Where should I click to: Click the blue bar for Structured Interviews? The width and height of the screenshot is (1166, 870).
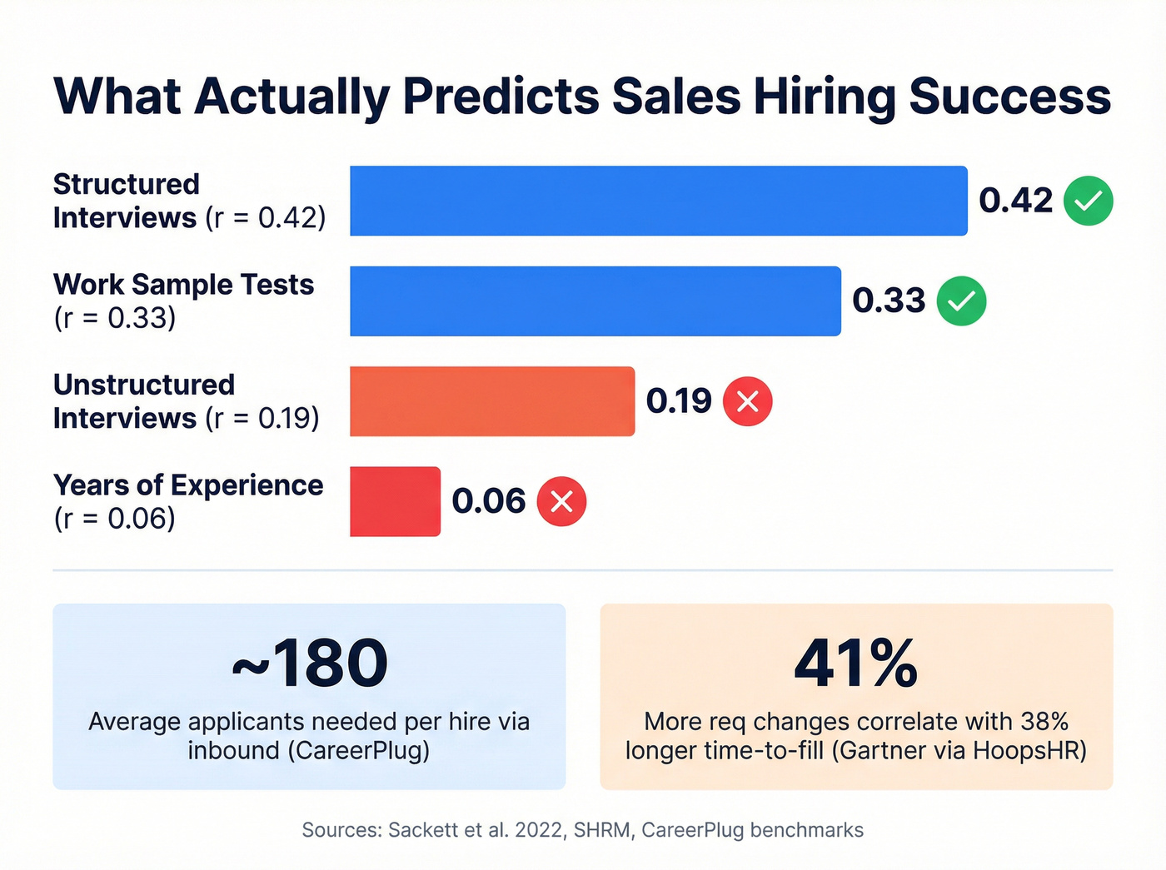point(658,201)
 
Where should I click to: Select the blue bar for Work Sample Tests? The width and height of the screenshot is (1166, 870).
point(595,301)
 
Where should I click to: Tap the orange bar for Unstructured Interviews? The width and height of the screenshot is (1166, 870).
point(491,401)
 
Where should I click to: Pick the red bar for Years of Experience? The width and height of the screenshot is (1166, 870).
point(395,501)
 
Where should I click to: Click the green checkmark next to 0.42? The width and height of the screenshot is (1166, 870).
point(1088,201)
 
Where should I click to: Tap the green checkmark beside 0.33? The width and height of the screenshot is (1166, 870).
point(961,301)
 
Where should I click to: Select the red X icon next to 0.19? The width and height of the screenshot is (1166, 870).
point(747,401)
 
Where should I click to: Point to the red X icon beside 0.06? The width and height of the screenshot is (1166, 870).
point(561,501)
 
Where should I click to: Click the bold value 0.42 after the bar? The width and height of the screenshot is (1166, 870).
point(1015,201)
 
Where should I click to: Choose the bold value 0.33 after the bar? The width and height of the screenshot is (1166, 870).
point(889,301)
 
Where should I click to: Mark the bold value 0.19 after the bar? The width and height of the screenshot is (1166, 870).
point(679,401)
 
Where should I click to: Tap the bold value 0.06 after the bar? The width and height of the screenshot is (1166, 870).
point(489,501)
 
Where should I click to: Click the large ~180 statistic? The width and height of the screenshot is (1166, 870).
point(309,664)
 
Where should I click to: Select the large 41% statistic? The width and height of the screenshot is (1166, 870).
point(855,664)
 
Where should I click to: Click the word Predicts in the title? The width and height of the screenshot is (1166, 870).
point(501,97)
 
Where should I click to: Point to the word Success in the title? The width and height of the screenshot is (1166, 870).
point(1009,97)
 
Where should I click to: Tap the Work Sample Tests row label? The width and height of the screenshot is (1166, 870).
point(183,285)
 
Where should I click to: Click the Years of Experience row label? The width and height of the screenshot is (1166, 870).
point(188,485)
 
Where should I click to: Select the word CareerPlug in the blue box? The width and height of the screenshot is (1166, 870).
point(358,750)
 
